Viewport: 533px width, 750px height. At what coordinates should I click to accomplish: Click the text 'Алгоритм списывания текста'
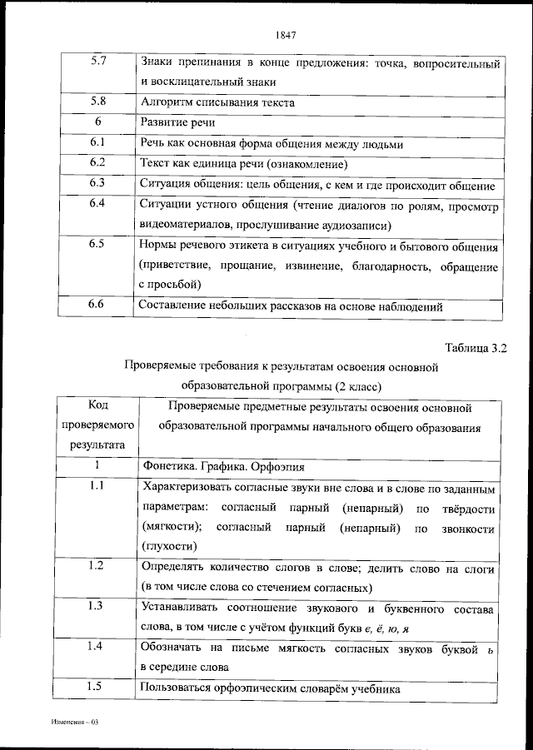pos(217,102)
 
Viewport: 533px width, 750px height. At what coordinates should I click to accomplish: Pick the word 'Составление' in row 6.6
pos(173,306)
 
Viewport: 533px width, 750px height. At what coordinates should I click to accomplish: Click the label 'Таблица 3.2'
pos(475,347)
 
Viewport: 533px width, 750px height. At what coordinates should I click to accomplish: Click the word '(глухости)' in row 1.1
pos(170,547)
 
